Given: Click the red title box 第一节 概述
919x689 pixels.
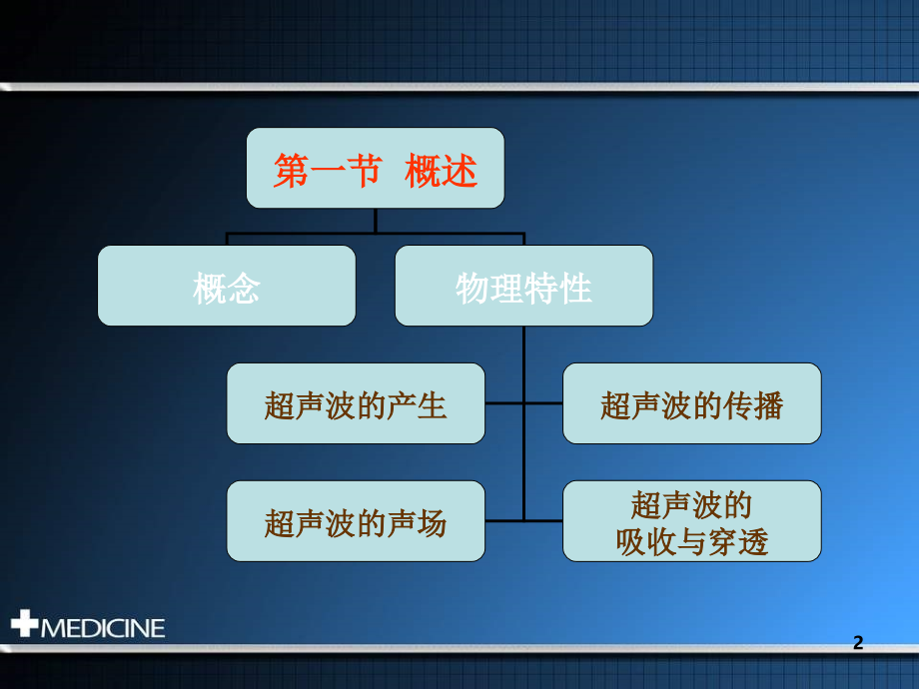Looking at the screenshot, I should click(375, 168).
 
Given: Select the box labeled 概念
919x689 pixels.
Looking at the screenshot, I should click(227, 287).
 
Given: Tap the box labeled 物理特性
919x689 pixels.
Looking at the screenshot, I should click(523, 287).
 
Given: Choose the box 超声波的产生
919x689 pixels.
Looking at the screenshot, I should click(356, 403).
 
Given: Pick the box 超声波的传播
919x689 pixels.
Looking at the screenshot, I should click(691, 403).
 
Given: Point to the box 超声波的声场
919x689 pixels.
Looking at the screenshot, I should click(356, 521).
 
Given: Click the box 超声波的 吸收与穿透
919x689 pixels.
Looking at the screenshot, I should click(691, 521).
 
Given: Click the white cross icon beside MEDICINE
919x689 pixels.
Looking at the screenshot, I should click(24, 625).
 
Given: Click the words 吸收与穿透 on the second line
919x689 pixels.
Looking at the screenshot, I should click(692, 542).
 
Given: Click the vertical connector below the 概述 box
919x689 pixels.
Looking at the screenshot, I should click(376, 221).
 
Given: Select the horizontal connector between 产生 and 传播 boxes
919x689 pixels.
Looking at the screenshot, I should click(523, 403).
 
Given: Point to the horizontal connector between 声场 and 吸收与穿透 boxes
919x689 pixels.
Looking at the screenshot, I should click(523, 520).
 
